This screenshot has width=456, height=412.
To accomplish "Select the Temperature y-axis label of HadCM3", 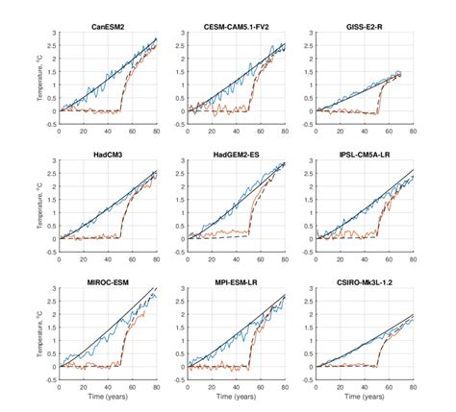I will pyautogui.click(x=36, y=206).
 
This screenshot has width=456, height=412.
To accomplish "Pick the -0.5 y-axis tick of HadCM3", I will pyautogui.click(x=50, y=254).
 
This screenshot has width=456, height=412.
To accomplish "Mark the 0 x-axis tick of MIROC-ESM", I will pyautogui.click(x=60, y=389).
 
